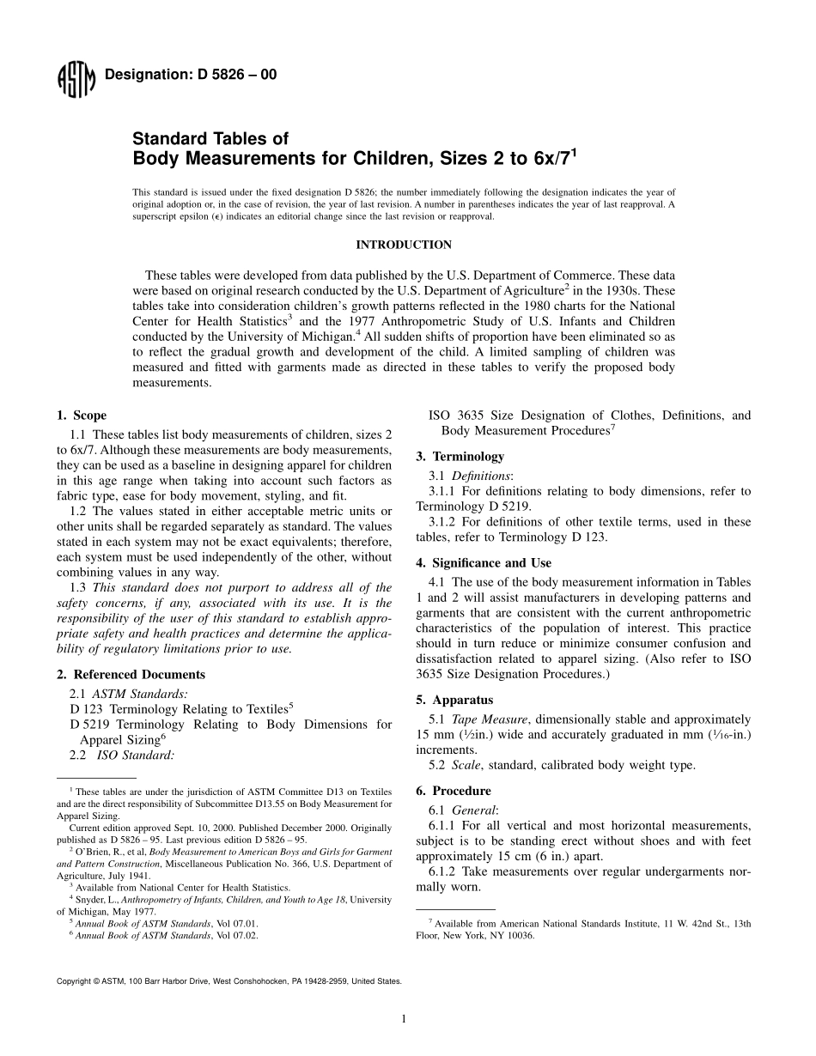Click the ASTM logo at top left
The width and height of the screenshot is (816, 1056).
point(76,79)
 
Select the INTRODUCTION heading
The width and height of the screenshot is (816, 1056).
point(404,245)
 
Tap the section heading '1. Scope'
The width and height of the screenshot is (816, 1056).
point(82,416)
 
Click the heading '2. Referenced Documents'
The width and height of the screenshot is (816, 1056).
point(131,675)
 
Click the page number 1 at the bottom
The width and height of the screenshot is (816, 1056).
point(403,1019)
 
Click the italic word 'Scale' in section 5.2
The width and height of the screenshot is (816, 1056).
point(466,765)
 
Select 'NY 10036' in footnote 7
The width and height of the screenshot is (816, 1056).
point(514,936)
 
